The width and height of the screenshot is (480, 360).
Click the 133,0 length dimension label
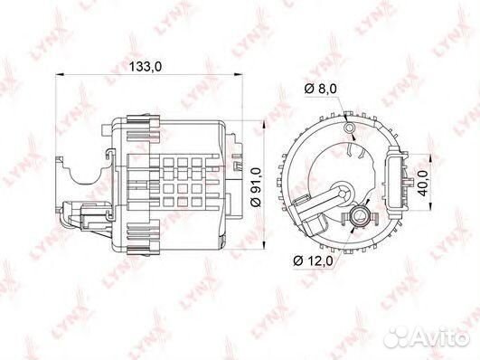tap(149, 66)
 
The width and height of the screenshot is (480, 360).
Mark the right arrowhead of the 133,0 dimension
tap(242, 79)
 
